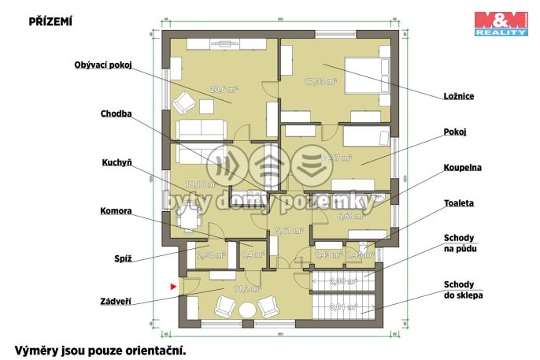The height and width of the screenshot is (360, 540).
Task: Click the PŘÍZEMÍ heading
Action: pyautogui.click(x=50, y=22)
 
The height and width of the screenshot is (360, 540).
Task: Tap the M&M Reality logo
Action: pyautogui.click(x=500, y=24)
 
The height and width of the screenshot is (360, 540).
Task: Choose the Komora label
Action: pyautogui.click(x=116, y=211)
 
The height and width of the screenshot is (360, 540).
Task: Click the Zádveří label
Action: pyautogui.click(x=116, y=301)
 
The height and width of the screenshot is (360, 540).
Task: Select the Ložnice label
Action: pyautogui.click(x=457, y=96)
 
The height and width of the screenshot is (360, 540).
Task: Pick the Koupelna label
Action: pyautogui.click(x=461, y=168)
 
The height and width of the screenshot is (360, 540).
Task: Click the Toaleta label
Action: pyautogui.click(x=460, y=202)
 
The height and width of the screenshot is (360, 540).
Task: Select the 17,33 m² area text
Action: pyautogui.click(x=320, y=81)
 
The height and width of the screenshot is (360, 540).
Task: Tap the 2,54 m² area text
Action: pyautogui.click(x=210, y=255)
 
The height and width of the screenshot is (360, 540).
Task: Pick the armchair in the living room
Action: pyautogui.click(x=186, y=102)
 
